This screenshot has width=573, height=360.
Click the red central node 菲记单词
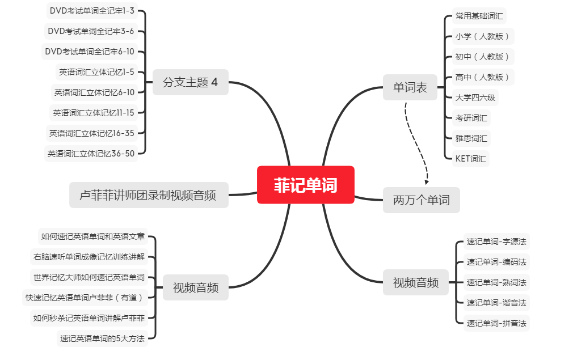[305, 185]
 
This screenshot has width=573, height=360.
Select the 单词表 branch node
[410, 88]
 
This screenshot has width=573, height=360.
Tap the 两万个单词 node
[421, 200]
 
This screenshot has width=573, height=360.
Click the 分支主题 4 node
[190, 82]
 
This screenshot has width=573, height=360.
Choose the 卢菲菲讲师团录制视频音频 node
[149, 195]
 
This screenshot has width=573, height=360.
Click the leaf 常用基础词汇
[479, 16]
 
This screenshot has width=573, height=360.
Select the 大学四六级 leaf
[475, 98]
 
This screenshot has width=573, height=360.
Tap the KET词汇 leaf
[470, 159]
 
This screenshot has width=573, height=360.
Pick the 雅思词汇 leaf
[471, 138]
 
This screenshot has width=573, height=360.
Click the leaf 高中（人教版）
[482, 77]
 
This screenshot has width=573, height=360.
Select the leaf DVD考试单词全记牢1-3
[91, 10]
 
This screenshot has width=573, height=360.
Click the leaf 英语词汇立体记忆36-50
[91, 154]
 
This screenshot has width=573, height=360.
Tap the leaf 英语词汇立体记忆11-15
[94, 113]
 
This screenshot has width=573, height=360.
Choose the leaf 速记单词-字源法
[496, 242]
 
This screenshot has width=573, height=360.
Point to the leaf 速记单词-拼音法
[496, 323]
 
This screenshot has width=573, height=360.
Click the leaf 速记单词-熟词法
[496, 282]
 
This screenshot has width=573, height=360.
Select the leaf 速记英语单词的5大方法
[103, 339]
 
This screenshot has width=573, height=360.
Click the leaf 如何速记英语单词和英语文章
[92, 236]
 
